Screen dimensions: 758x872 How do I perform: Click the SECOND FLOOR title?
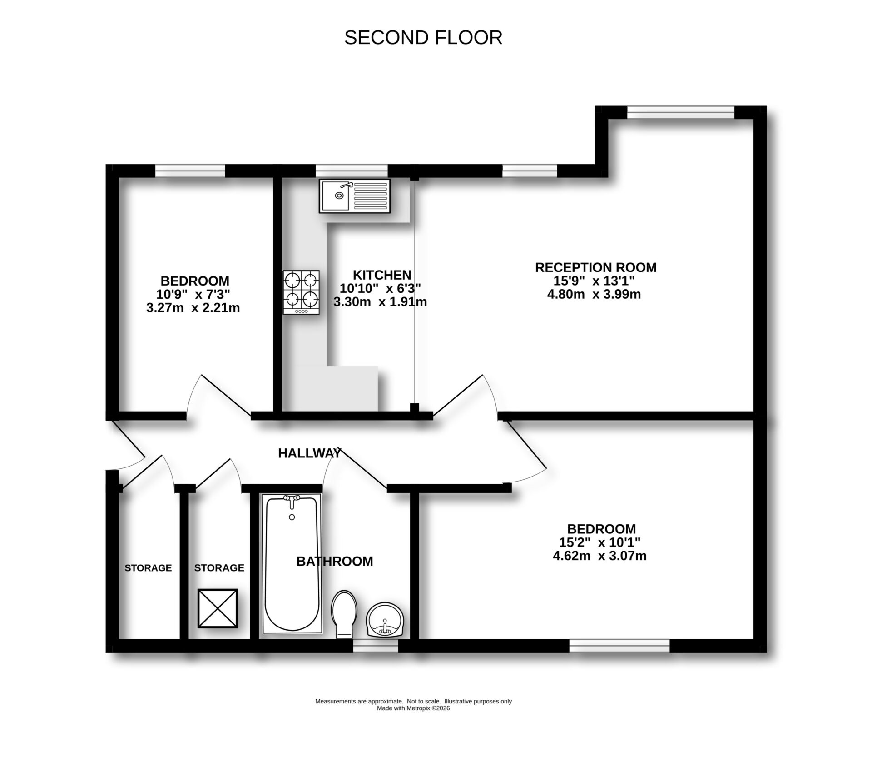click(x=423, y=38)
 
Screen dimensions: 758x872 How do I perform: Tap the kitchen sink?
click(x=355, y=196)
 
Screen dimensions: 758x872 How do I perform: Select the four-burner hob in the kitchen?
click(x=301, y=292)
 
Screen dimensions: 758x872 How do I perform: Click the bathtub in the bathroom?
click(x=292, y=564)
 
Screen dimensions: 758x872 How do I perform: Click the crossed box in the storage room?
click(x=218, y=608)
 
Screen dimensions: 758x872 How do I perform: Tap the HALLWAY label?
click(x=310, y=453)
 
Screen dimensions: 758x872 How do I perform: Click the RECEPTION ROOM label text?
click(x=595, y=267)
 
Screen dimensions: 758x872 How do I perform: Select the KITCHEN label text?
click(x=382, y=275)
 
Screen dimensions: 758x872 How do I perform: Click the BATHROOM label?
click(x=335, y=562)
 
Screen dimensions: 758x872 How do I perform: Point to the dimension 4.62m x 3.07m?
click(x=599, y=556)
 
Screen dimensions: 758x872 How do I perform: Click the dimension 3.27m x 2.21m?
click(x=193, y=308)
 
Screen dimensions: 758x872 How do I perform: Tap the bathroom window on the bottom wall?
click(x=376, y=645)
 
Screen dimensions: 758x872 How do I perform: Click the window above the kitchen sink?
click(x=352, y=171)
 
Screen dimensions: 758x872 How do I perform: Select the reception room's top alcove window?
click(x=680, y=112)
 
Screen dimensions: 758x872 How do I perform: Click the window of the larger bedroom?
click(x=619, y=645)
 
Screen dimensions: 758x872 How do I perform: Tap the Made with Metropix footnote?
click(x=413, y=708)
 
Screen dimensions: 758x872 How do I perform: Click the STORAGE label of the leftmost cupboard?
click(x=149, y=568)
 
